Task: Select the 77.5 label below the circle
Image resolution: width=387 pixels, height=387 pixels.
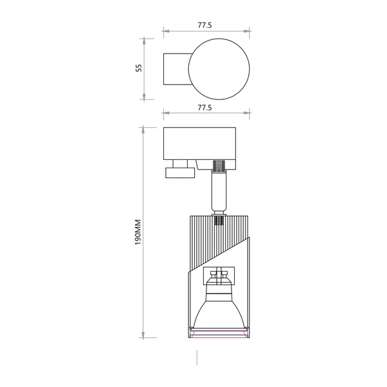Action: [205, 108]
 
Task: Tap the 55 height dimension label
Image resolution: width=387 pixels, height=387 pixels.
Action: [138, 68]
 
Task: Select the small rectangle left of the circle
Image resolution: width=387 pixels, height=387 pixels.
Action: [175, 68]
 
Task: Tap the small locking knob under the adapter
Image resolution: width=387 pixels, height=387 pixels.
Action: [179, 172]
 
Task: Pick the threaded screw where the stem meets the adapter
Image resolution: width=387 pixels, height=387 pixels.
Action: [220, 166]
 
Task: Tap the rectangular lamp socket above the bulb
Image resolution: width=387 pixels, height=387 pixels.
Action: [219, 275]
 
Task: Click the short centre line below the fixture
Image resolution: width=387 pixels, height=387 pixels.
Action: [197, 358]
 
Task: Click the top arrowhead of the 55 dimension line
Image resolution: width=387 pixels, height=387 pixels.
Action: [144, 39]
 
